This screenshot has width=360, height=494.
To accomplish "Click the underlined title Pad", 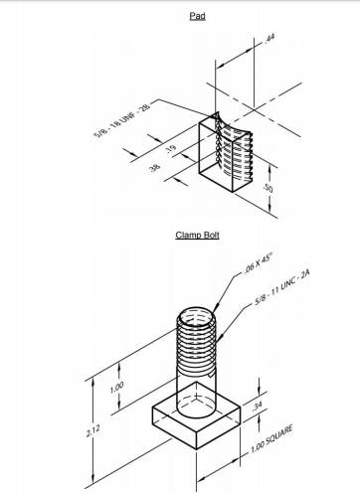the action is coord(197,16).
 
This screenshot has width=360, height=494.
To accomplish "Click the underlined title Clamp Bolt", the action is coord(197,235).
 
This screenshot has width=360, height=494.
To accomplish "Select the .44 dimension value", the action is coord(269,39).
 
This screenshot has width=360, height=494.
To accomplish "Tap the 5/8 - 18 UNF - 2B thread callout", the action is coord(122,119).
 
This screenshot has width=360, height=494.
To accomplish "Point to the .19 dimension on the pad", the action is coord(171,149).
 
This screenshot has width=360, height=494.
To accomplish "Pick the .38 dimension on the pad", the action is coord(154,167).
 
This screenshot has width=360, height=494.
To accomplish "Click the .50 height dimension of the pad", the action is coord(268,188).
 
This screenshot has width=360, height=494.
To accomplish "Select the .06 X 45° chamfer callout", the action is coord(258,263).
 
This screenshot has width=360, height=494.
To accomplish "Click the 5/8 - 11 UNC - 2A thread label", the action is coord(282,287).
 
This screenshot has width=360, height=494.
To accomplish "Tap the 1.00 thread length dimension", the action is coord(116,387).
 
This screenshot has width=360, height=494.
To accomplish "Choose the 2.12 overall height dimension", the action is coord(92,429).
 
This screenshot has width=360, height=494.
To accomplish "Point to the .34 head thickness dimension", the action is coord(257,405).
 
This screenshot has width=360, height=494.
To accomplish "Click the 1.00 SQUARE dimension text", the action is coord(271,439).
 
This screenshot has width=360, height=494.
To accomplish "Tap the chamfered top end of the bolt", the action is coord(196,316).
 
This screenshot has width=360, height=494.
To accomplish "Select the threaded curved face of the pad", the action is coord(234,149).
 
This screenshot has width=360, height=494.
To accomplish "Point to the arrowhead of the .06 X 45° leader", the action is coord(216,308).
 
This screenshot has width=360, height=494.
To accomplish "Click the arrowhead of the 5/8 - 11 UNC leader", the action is coord(220,338).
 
